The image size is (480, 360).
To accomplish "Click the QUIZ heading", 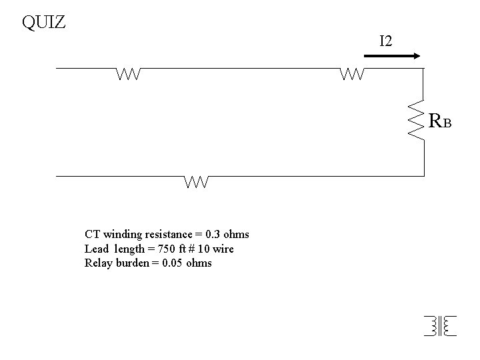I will tap(43, 23).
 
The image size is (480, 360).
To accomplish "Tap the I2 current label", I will tap(385, 41).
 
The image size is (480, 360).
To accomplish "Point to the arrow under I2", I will tap(392, 57).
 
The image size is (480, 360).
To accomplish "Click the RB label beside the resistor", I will tap(441, 121).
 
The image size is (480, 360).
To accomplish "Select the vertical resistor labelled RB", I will tap(417, 121).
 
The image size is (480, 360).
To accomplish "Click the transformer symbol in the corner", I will tap(439, 325).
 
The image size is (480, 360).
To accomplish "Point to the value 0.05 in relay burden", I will tap(173, 263).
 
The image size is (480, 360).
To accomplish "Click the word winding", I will tap(119, 235).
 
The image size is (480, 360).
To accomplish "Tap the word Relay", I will tap(97, 263).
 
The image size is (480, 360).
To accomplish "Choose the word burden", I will tap(135, 263).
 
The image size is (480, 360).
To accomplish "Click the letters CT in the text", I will tap(92, 235).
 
